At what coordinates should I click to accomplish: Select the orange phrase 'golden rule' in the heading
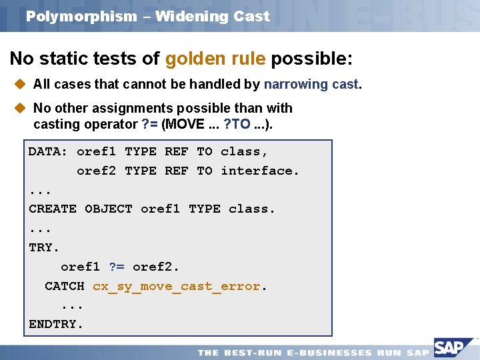[x=215, y=59]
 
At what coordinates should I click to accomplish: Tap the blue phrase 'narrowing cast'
[x=311, y=84]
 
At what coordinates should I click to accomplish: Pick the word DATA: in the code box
[x=48, y=151]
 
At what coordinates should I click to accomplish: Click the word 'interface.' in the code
[x=260, y=171]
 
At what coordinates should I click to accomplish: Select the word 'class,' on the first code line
[x=245, y=151]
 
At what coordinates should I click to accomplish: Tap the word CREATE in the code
[x=52, y=209]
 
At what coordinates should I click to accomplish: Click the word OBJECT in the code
[x=108, y=209]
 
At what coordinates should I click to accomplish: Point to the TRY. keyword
[x=44, y=247]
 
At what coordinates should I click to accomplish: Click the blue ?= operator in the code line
[x=116, y=267]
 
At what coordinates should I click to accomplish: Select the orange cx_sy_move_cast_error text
[x=177, y=286]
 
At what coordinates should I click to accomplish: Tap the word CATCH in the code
[x=64, y=286]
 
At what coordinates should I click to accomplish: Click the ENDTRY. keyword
[x=56, y=325]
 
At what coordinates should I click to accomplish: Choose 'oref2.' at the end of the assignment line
[x=156, y=267]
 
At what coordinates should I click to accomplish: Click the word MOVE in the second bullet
[x=184, y=124]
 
